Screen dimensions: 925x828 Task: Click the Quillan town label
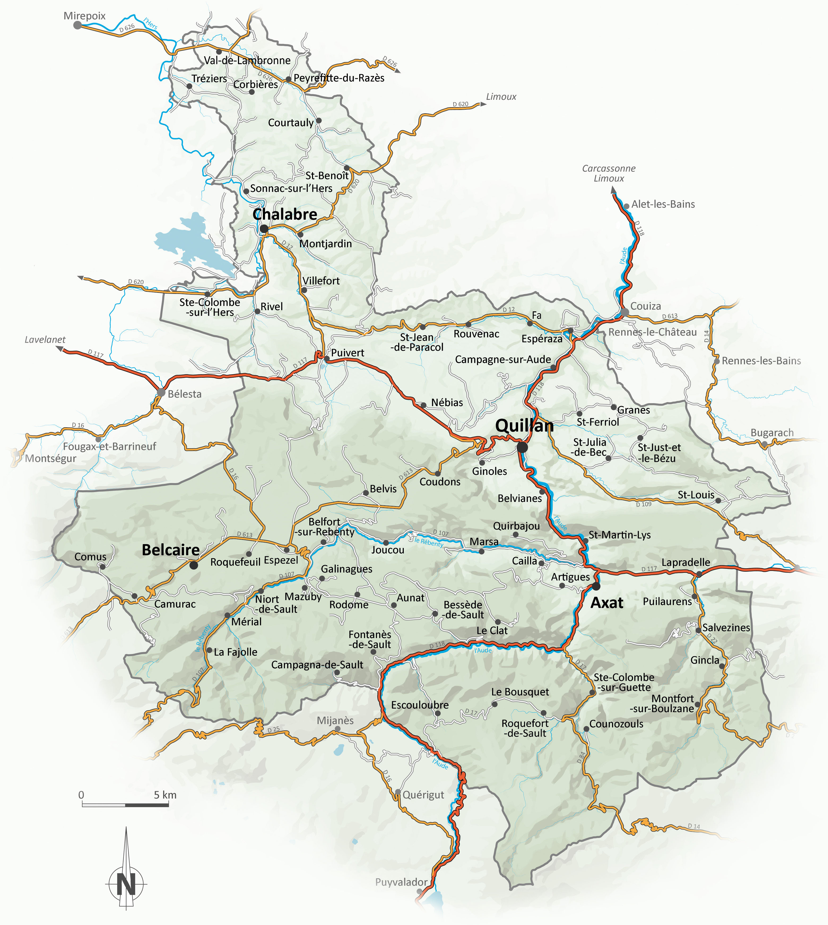point(524,426)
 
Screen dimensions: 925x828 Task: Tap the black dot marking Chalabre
point(264,229)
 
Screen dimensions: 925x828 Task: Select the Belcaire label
point(171,550)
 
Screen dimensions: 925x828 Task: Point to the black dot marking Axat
point(596,586)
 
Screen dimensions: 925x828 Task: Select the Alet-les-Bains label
point(663,204)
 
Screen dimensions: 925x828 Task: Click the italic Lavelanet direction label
point(45,339)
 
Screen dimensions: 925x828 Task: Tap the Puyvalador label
point(401,882)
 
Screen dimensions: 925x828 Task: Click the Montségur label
point(50,458)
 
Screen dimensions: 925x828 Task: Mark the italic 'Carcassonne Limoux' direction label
point(609,173)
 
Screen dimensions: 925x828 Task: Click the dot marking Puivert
point(327,359)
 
